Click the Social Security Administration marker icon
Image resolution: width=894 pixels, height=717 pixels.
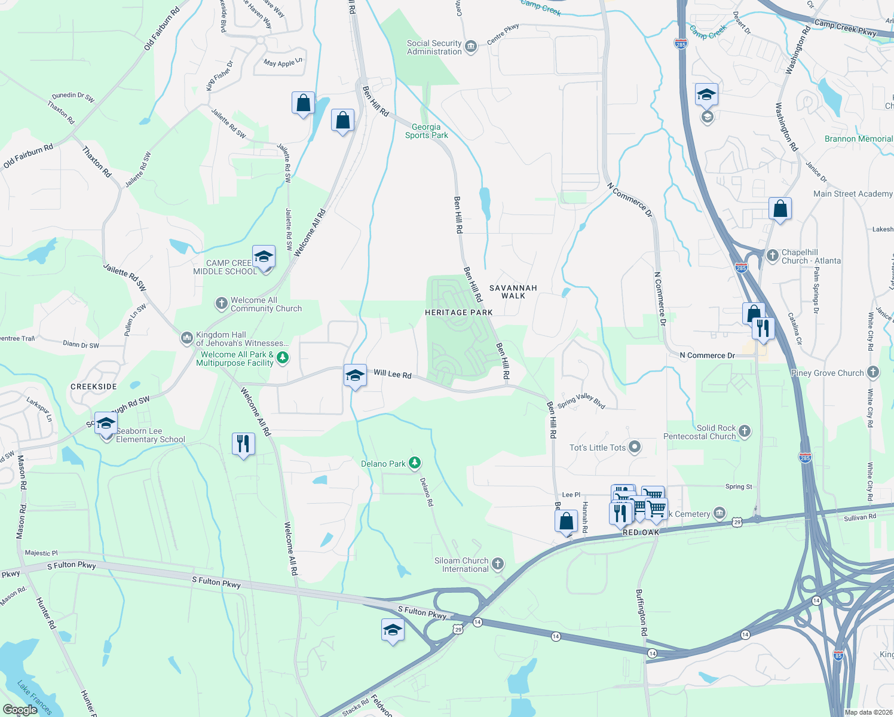pyautogui.click(x=471, y=47)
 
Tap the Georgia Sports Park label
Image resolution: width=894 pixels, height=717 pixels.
pyautogui.click(x=426, y=131)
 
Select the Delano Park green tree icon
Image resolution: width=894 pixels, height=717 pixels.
pyautogui.click(x=414, y=463)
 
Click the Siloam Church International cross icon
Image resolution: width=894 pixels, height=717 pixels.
pyautogui.click(x=497, y=563)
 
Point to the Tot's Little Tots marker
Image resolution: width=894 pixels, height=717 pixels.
pyautogui.click(x=635, y=447)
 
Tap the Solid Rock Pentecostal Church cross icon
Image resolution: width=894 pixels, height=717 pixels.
pyautogui.click(x=744, y=431)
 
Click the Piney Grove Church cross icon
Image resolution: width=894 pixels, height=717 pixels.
pyautogui.click(x=873, y=372)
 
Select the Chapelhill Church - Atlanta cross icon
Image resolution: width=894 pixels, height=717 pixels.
pyautogui.click(x=771, y=255)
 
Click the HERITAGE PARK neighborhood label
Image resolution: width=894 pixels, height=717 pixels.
pyautogui.click(x=458, y=312)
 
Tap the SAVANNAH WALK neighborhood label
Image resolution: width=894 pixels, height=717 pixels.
pyautogui.click(x=513, y=292)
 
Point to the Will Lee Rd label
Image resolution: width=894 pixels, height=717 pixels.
pyautogui.click(x=393, y=374)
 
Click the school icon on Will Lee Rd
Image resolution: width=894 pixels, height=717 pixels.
pyautogui.click(x=355, y=376)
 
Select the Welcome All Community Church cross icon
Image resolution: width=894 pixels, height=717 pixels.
pyautogui.click(x=221, y=304)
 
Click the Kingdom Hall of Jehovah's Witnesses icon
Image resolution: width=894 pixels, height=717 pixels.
pyautogui.click(x=186, y=338)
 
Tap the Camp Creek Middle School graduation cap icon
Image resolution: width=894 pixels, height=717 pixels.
pyautogui.click(x=264, y=257)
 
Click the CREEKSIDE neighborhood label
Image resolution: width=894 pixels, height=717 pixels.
pyautogui.click(x=94, y=387)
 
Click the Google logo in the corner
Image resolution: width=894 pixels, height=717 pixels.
pyautogui.click(x=20, y=710)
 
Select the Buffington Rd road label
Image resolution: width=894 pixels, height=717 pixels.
pyautogui.click(x=641, y=613)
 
